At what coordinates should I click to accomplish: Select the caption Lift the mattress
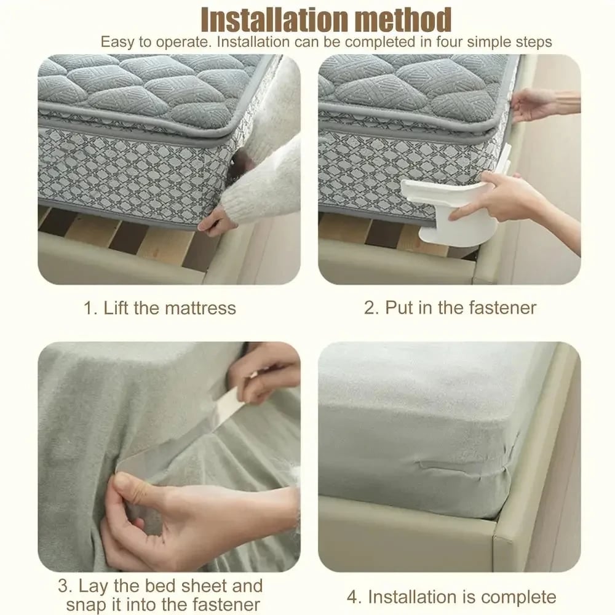(169, 307)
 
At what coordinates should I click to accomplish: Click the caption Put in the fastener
(460, 307)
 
